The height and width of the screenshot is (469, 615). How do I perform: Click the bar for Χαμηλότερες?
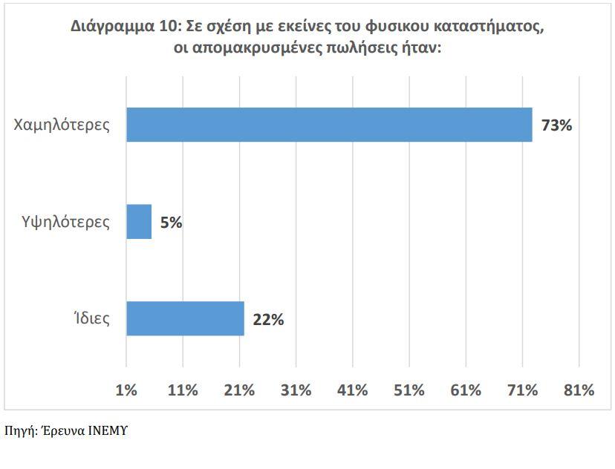329,125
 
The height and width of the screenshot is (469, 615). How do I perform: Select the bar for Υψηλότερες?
139,222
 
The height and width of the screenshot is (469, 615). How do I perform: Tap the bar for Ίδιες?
185,318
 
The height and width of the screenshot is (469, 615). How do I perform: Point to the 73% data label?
556,125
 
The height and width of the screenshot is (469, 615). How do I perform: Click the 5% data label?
171,222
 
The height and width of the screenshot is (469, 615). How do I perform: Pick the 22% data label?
268,320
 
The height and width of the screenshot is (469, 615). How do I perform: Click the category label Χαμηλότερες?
62,125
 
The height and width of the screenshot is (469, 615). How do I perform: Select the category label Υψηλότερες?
66,222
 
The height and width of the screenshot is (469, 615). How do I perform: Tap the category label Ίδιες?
91,319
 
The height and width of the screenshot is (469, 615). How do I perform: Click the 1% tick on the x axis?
127,390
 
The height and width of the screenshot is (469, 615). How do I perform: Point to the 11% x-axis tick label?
183,390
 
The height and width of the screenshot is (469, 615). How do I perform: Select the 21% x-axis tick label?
239,390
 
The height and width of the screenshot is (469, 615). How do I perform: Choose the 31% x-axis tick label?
296,390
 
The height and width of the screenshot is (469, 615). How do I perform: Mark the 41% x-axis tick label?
352,390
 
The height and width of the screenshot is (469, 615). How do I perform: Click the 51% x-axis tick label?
409,390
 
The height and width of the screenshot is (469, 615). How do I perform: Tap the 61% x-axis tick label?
465,390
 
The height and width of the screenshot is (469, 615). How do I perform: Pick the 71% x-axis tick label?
521,390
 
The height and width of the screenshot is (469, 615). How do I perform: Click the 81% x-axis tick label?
579,390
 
